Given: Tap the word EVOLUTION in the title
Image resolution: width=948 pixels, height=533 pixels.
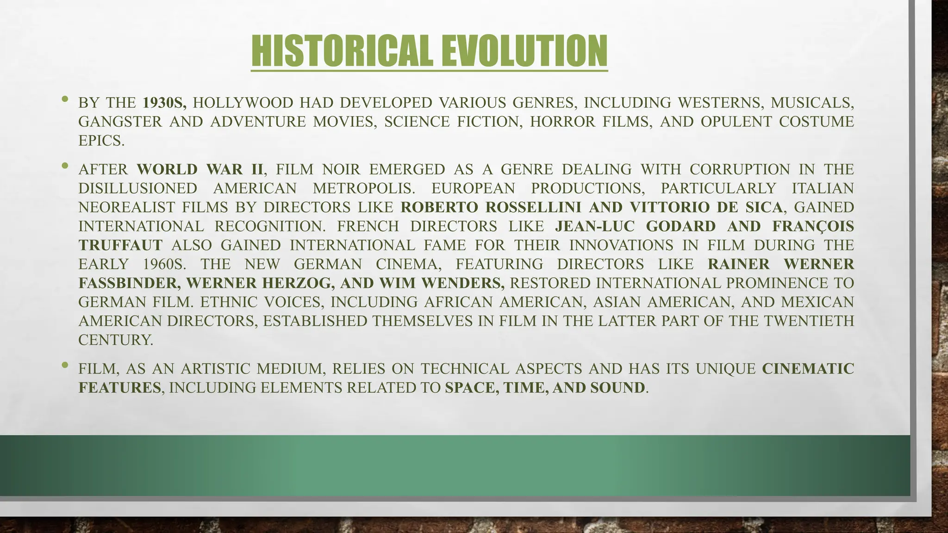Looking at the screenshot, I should coord(524,51).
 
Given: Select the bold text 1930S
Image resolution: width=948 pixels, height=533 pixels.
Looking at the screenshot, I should coord(164,103).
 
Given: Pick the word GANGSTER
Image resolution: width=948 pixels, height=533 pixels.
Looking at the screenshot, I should coord(120,122).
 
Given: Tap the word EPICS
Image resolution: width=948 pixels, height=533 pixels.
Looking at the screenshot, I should coord(101,141).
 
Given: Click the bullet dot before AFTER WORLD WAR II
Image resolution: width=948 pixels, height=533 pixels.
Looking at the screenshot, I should coord(65,165).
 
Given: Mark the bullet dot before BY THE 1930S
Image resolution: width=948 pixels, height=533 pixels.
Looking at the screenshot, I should coord(65,99).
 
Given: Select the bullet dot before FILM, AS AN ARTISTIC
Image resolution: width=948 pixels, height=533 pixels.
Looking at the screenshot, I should coord(65,365).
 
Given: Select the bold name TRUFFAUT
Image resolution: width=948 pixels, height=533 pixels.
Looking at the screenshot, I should coord(120,245).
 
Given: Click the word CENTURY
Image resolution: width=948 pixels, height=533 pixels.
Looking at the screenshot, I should coord(115,340).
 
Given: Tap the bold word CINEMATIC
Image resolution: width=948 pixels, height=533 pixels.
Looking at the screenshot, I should coord(808,369).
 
